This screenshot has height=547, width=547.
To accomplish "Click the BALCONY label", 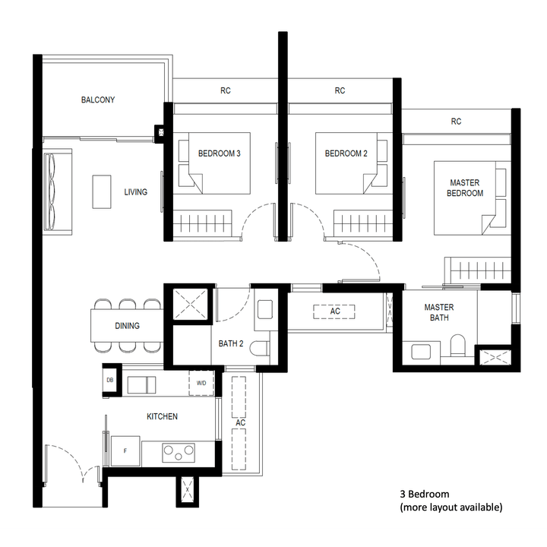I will pos(98,100).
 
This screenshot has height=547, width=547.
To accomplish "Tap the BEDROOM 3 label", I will pos(220,153).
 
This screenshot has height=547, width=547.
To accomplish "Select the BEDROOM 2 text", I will pos(346,153).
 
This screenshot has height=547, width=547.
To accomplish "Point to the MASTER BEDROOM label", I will pos(466,188).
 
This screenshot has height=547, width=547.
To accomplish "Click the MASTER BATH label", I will pos(439,312).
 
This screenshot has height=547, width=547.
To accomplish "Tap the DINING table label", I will pos(127,327).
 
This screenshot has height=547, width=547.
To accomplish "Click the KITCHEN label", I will pos(162,416).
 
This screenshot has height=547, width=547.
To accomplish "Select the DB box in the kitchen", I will pos(110,380).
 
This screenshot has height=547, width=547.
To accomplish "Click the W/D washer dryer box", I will pos(201,384).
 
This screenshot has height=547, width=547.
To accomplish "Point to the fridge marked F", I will pos(125,451).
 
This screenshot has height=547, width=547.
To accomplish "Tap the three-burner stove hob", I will pos(179,454).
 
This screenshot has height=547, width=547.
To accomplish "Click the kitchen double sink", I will pos(141,384).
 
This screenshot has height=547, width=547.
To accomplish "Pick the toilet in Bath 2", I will pos(260,350).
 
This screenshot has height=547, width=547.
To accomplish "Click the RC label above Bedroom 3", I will pos(226,91).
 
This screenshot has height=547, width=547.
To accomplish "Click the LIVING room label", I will pos(136,192).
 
